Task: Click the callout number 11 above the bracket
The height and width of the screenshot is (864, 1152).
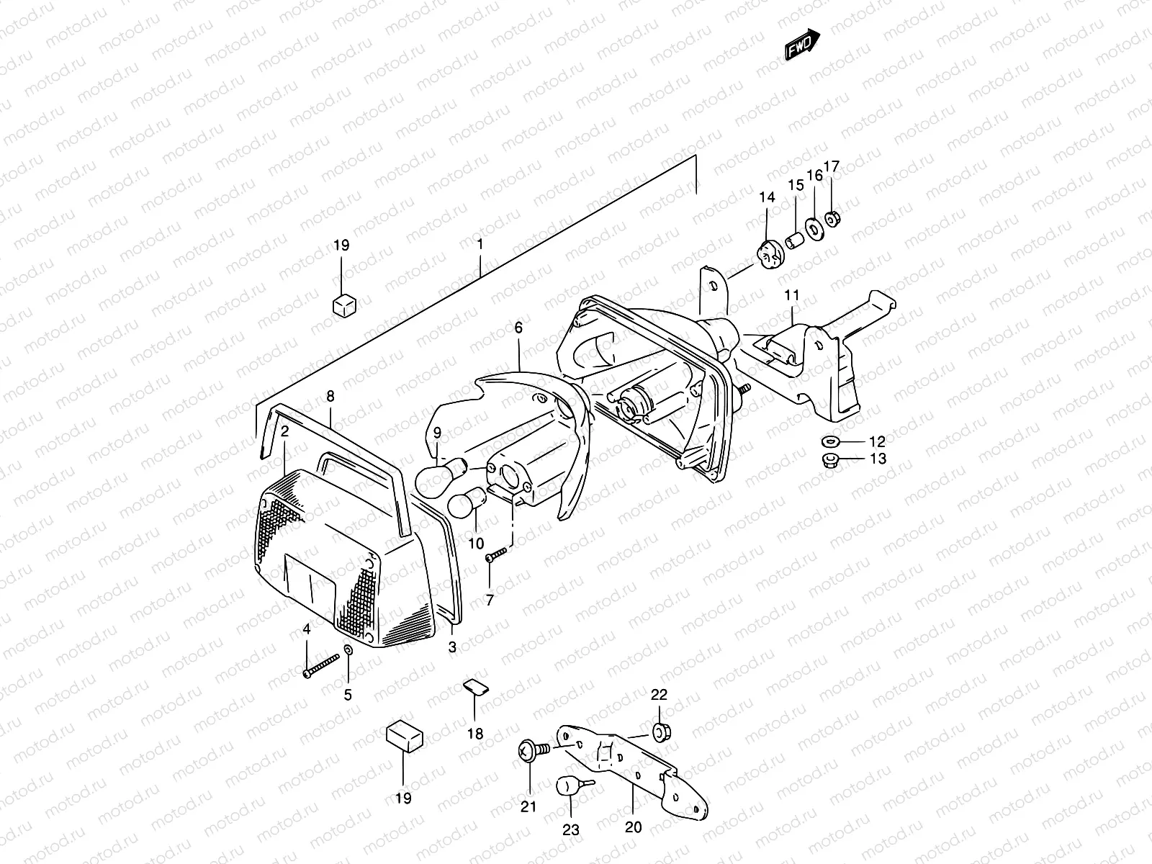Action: pos(792,294)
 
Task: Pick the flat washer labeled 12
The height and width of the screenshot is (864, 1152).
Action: pos(829,441)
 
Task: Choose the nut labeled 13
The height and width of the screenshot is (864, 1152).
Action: pos(829,459)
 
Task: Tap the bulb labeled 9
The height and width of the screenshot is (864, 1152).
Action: pos(436,480)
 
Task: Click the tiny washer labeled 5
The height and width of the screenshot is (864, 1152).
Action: pos(348,651)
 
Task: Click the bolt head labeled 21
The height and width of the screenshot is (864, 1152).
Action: pos(528,751)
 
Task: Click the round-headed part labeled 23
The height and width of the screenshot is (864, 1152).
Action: pos(567,786)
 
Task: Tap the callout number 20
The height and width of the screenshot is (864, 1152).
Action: pos(633,827)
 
